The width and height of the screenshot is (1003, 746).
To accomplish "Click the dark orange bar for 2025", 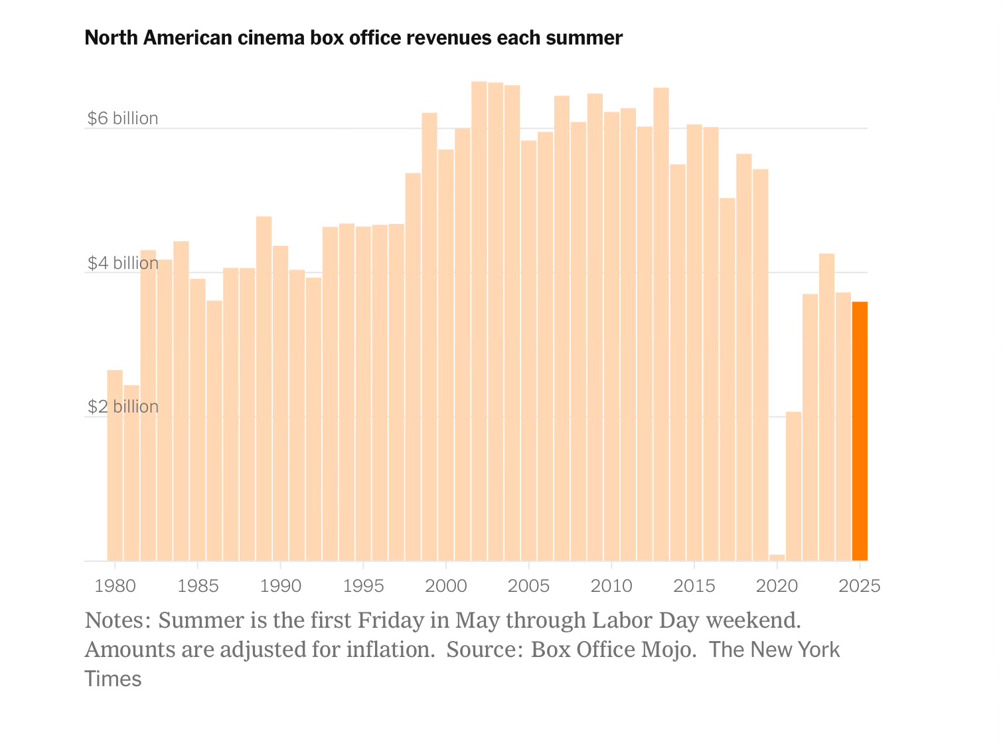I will point(860,432).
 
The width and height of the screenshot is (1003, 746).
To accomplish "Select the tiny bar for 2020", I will point(777,557).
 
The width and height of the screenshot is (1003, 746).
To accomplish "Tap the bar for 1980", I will point(115,465).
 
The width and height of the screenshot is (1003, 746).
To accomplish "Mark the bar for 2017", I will point(728,379).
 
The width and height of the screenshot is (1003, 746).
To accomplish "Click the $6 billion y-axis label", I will point(123,119).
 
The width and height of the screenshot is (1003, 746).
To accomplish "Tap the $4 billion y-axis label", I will point(123,264).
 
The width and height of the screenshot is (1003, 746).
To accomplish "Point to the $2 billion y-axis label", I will point(123,407).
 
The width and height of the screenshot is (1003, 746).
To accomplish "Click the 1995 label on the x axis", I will point(363,587).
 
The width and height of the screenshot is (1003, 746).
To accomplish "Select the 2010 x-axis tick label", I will point(611,587).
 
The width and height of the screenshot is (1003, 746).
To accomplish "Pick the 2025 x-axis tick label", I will point(860,587).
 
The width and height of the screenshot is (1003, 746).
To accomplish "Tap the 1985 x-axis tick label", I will point(198,587).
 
